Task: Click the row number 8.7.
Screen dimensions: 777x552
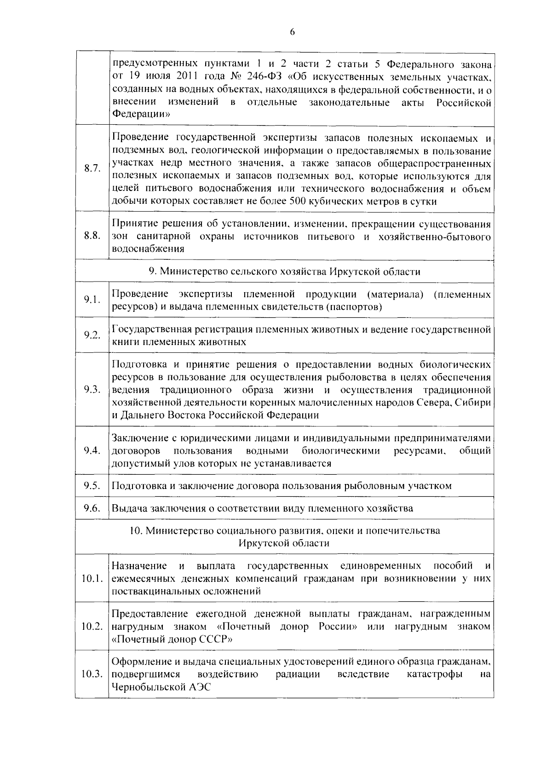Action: [x=92, y=168]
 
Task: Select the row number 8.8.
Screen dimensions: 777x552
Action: [x=92, y=236]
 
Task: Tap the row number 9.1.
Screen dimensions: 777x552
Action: [x=92, y=300]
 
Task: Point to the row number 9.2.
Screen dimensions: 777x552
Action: [x=92, y=335]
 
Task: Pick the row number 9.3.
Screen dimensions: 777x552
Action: [x=92, y=390]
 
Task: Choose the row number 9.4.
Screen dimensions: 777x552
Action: [x=92, y=450]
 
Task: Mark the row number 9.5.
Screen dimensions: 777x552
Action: [x=92, y=485]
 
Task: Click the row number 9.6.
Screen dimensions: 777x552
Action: [x=92, y=508]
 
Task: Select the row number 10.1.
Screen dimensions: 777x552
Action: [x=92, y=578]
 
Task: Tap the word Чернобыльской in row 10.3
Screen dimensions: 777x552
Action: [x=148, y=687]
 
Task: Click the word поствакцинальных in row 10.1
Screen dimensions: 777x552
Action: [x=154, y=591]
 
